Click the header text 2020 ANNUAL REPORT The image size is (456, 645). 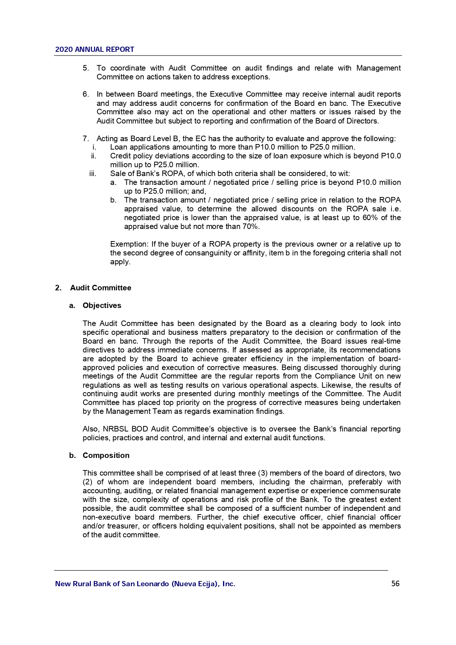(94, 50)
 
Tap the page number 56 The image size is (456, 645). (395, 584)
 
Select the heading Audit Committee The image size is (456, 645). (100, 288)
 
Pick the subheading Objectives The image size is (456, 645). (102, 305)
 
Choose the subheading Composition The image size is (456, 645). (106, 455)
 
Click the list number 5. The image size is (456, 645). (86, 68)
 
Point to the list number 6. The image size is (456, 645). (86, 94)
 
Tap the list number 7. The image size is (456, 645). (86, 139)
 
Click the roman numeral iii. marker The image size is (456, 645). (93, 173)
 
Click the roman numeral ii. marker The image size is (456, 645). (94, 156)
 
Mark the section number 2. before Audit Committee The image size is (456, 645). (58, 288)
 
